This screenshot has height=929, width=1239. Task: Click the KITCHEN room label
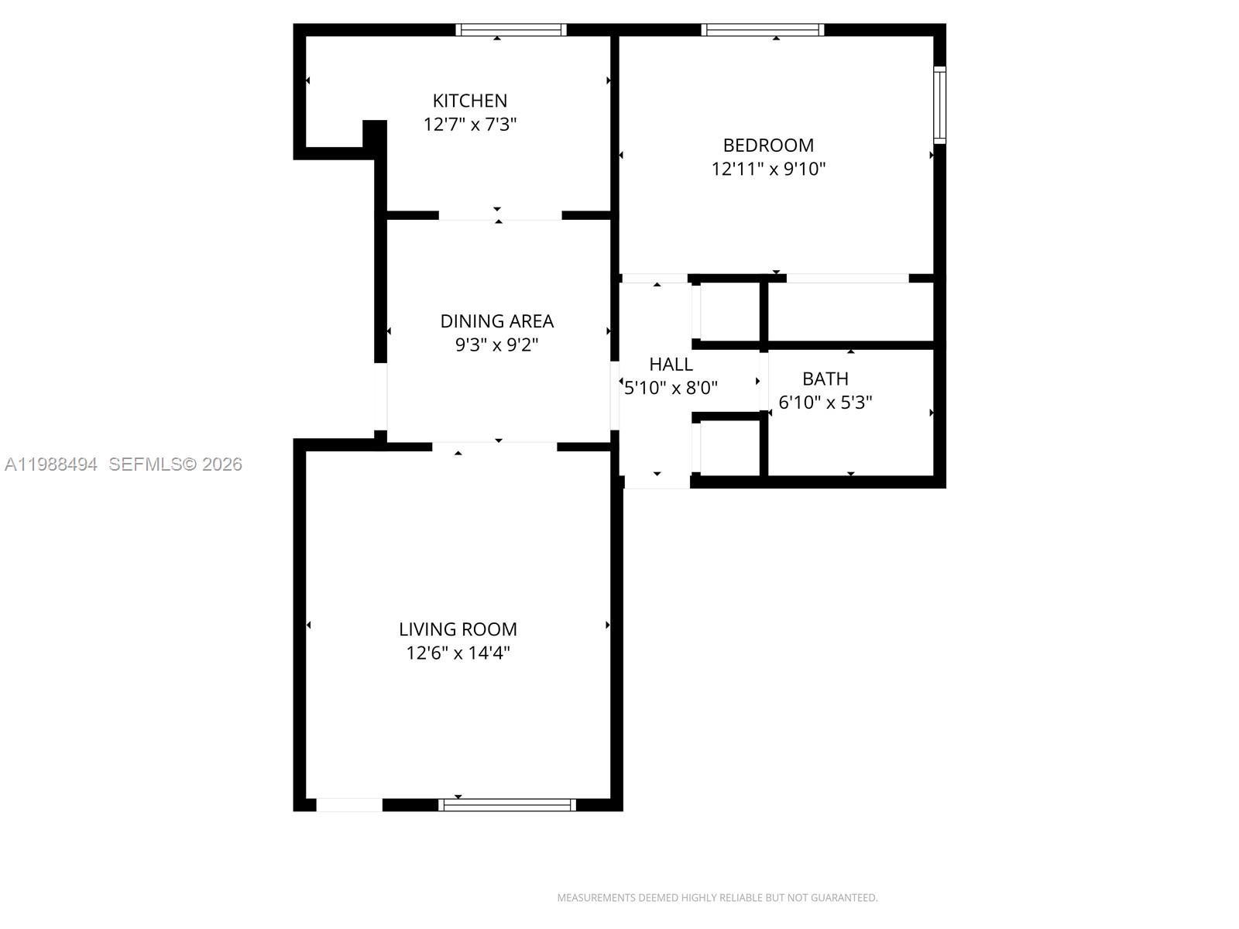pos(469,101)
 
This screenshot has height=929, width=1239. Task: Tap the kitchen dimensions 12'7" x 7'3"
pos(469,125)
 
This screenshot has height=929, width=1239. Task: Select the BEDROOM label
pos(768,146)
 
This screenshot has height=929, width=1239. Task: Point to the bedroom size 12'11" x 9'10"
pos(768,169)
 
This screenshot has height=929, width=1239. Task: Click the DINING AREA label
pos(496,321)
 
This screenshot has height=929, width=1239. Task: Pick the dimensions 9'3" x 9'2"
pos(496,345)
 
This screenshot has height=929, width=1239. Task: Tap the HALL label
pos(671,365)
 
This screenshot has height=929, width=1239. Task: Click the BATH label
pos(825,379)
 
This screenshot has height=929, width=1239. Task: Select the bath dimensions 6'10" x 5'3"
pos(825,403)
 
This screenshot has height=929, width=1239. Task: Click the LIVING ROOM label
pos(458,629)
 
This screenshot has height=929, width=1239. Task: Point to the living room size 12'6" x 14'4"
pos(458,653)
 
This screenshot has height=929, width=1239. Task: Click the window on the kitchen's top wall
pos(511,30)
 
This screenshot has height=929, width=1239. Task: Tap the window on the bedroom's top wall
pos(762,30)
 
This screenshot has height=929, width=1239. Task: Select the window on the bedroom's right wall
pos(939,105)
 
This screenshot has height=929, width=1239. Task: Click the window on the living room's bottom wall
pos(507,805)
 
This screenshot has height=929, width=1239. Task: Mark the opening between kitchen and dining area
pos(500,215)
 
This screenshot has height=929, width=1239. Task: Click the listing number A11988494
pos(51,464)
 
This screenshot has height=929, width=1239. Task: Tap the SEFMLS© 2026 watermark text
pos(176,464)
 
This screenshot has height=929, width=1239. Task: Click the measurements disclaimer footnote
pos(717,898)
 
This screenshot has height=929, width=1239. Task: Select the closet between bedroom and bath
pos(850,312)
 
